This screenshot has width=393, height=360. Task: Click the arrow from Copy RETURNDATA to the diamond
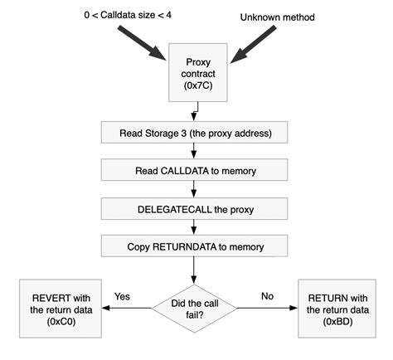coord(194,271)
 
